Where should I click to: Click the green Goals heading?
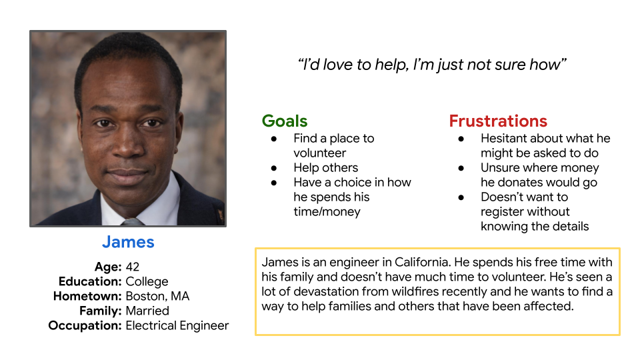pos(285,121)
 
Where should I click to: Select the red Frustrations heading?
pos(498,121)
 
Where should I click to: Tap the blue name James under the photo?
pos(128,242)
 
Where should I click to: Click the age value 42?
pos(132,267)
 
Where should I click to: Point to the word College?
pos(147,281)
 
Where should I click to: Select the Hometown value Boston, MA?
pos(157,296)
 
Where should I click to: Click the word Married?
pos(147,311)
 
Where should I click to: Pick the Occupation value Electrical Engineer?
pos(177,326)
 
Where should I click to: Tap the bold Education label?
pos(90,281)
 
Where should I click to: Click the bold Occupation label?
pos(85,326)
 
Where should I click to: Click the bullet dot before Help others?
pos(274,168)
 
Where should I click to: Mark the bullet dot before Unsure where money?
pos(461,168)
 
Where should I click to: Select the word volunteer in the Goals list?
pos(319,153)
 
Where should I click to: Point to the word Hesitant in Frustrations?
pos(503,139)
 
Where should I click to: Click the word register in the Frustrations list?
pos(500,212)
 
